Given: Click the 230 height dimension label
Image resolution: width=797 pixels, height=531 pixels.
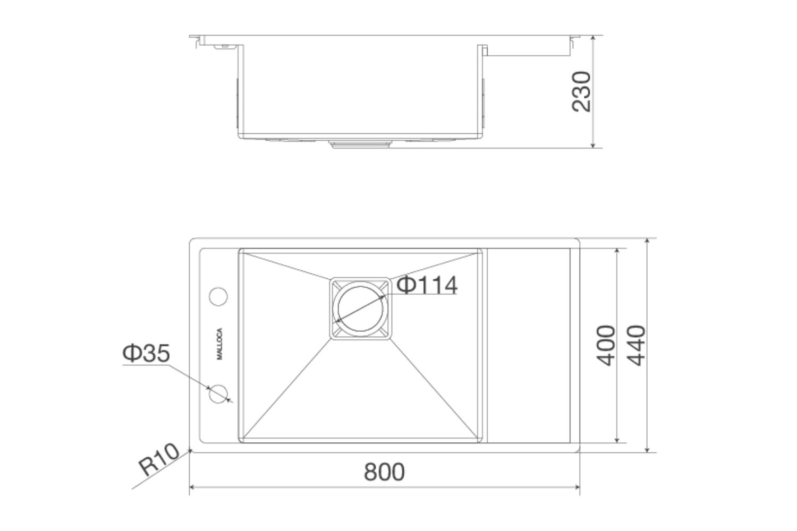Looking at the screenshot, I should pos(581,91).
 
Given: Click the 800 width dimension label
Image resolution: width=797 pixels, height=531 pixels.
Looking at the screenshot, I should pos(384,472).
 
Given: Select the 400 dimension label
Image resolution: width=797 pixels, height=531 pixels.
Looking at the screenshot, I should pos(606,345).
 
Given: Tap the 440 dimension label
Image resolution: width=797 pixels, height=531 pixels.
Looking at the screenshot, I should pos(635,345).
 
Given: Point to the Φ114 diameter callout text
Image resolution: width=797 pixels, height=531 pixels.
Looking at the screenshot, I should pos(427,286).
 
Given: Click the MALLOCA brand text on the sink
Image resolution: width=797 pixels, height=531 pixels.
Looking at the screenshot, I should pos(220,345).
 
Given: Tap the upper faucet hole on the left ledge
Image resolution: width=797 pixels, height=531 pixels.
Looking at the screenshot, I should pos(218,296).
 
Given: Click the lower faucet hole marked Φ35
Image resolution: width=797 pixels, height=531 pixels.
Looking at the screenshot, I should pos(218,393).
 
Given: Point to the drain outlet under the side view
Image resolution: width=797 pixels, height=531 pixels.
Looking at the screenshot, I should pos(361,143).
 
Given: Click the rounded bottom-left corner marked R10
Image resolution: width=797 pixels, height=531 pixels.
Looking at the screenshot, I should pos(191,451).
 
